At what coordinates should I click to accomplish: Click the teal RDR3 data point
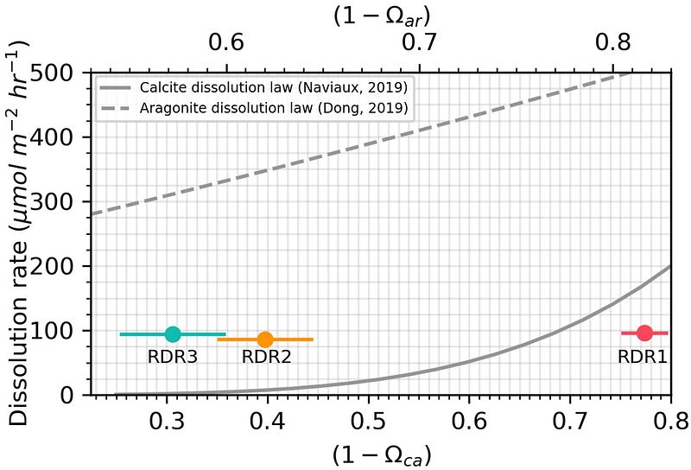(x=173, y=334)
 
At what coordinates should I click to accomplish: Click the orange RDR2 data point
(x=265, y=340)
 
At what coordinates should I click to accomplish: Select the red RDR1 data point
(x=644, y=333)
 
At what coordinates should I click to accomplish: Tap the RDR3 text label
(x=173, y=356)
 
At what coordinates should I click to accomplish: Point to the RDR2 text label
(x=265, y=356)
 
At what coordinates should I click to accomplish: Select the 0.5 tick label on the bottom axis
(x=369, y=421)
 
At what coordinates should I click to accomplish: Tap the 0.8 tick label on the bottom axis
(x=670, y=421)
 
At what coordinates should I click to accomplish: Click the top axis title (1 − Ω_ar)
(x=381, y=15)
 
